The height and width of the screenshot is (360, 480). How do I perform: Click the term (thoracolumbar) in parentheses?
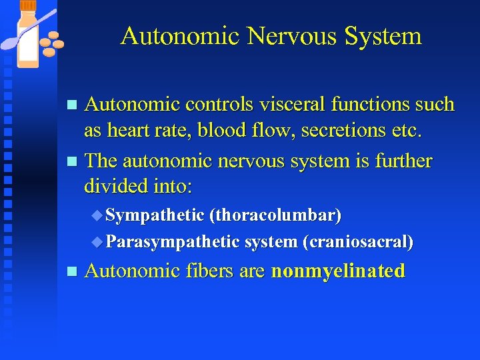275,215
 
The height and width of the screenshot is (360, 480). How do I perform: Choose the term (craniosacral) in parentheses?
357,241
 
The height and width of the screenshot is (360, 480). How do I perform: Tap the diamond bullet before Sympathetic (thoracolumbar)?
98,215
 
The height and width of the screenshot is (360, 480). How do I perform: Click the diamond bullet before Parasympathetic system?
98,241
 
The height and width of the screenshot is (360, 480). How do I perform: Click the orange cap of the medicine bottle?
28,5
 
